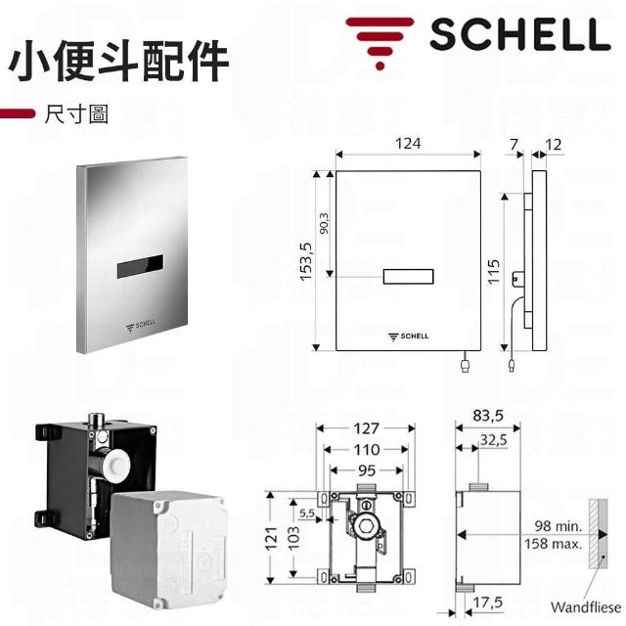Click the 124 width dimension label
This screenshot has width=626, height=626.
pos(408,144)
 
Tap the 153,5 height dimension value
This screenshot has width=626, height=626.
pos(306,261)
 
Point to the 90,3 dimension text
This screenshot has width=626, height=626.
pos(324,223)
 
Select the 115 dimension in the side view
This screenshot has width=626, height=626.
pos(493,272)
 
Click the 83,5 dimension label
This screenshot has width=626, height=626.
pos(488,416)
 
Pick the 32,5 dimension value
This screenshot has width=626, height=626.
pos(493,439)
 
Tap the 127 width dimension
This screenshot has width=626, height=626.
pos(366,428)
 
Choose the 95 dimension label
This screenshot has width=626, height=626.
pos(367,470)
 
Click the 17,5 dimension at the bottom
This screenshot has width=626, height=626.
pos(487,603)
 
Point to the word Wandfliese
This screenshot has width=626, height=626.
pos(586,607)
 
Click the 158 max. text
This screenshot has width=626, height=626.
pos(553,544)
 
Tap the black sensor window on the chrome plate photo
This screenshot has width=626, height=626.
pos(140,266)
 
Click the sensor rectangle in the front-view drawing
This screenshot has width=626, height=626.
pos(408,276)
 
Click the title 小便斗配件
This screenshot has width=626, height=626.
pos(118,61)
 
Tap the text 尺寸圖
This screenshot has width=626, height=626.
pos(76,114)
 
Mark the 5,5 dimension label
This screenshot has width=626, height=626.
pos(307,513)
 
